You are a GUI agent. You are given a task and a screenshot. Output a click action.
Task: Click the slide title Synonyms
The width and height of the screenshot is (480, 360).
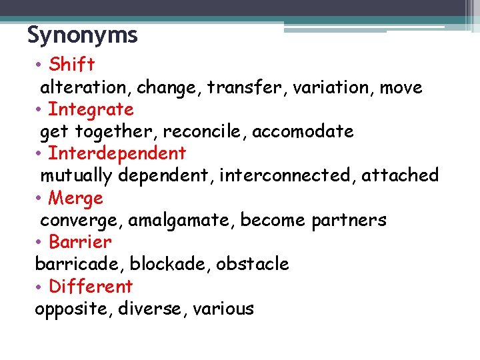[82, 35]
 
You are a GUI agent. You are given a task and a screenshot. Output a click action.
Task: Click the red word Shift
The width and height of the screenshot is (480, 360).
[72, 65]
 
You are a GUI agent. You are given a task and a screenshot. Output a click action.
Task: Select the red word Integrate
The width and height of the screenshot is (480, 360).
[91, 109]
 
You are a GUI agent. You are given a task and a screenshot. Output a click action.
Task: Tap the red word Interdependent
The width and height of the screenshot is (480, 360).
[117, 153]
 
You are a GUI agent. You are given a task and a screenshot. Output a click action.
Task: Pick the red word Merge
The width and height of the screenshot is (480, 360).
[76, 198]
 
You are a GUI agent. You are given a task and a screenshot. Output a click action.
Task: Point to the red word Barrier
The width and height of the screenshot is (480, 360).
[80, 242]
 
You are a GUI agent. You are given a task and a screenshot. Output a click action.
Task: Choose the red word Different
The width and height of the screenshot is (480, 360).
[91, 287]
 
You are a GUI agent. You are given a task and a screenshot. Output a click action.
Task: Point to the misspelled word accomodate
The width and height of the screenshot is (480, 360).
[305, 131]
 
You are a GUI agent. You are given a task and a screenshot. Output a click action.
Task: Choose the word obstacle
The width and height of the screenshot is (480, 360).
[256, 264]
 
